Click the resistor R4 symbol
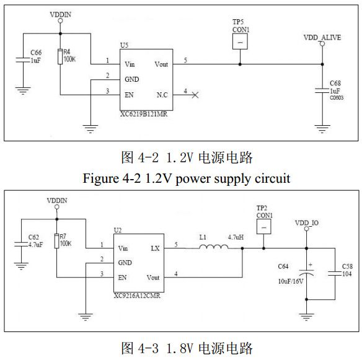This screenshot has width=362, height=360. coord(60,57)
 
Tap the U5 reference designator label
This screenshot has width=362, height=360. coord(124,45)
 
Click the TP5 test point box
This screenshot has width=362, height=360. coord(240,42)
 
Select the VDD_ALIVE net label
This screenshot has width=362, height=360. coord(322,37)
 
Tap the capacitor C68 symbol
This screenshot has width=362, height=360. coord(321,91)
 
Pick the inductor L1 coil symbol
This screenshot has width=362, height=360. coord(213,248)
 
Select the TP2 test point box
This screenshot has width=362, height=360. coord(265,227)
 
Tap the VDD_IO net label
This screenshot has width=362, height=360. coord(306,222)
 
